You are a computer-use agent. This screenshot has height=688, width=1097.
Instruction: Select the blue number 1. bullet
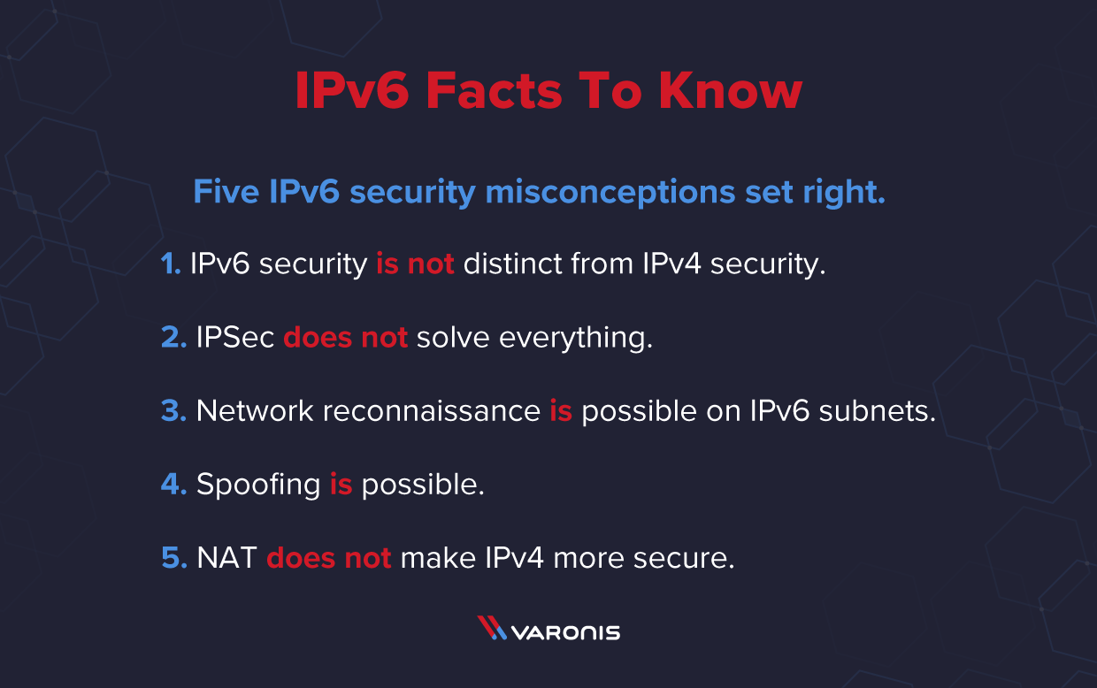[x=171, y=264]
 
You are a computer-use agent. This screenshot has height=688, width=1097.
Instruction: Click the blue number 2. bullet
[x=173, y=338]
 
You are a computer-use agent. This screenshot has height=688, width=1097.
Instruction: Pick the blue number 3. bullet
[x=173, y=411]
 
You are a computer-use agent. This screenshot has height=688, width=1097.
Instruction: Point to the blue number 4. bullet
[x=173, y=485]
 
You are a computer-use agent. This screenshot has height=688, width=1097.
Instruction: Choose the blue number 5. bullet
[x=173, y=558]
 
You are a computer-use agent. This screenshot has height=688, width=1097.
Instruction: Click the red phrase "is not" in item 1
[x=415, y=264]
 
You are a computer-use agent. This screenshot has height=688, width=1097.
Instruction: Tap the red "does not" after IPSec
[x=345, y=338]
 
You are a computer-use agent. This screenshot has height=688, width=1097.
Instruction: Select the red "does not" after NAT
[x=328, y=558]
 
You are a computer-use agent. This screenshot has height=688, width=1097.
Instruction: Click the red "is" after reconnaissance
[x=561, y=411]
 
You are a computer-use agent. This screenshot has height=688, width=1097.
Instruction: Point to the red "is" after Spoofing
[x=341, y=485]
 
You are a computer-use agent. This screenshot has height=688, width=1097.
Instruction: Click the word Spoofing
[x=258, y=485]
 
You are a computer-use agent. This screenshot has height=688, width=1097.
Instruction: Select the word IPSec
[x=235, y=338]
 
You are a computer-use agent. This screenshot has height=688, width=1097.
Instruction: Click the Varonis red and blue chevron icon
[x=492, y=628]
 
